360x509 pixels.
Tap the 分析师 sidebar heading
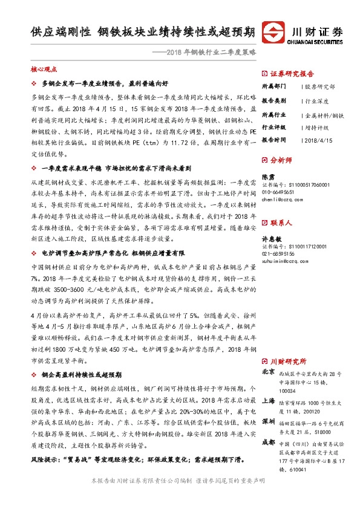[x=280, y=161]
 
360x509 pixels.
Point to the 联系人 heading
[x=280, y=223]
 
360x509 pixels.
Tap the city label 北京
[x=268, y=372]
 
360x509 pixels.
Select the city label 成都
[x=268, y=441]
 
